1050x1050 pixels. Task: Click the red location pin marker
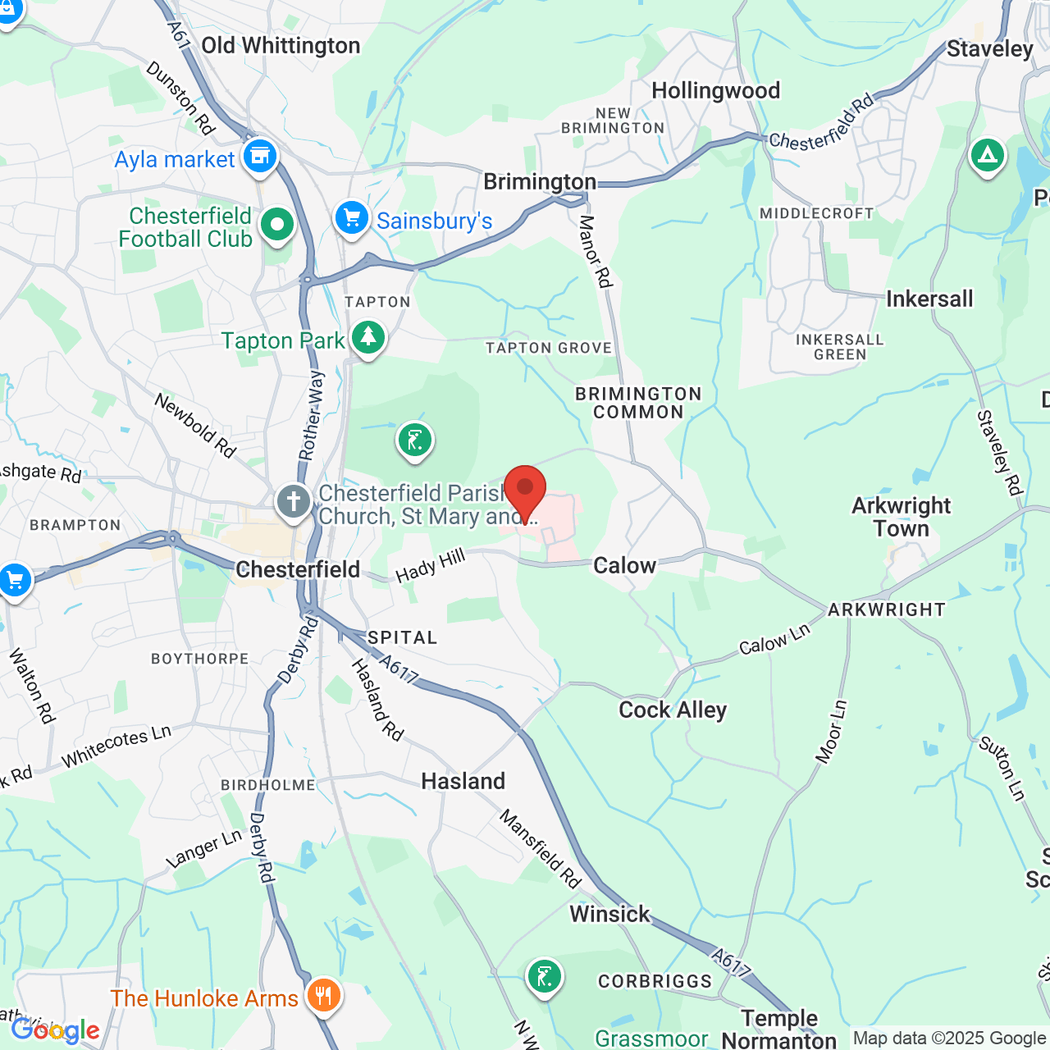[x=524, y=491]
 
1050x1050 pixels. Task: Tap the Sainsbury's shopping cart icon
[x=352, y=218]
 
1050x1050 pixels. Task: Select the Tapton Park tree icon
[x=368, y=337]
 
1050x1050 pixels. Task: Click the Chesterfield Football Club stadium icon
[x=277, y=224]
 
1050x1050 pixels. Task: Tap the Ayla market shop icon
[x=260, y=155]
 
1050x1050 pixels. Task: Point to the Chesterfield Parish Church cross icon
[x=293, y=501]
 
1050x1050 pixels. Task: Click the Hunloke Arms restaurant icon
[x=324, y=995]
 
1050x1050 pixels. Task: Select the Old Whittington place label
[x=281, y=46]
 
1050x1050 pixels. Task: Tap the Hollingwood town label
[x=715, y=90]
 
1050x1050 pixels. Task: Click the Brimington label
[x=540, y=181]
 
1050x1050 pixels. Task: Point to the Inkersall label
[x=929, y=299]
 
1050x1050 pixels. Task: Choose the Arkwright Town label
[x=901, y=517]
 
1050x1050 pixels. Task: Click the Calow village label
[x=624, y=565]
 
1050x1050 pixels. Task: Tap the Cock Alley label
[x=673, y=710]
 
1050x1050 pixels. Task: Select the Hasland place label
[x=463, y=781]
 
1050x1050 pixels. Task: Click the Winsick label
[x=609, y=914]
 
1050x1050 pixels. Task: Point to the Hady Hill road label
[x=431, y=566]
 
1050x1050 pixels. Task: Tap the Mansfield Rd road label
[x=541, y=849]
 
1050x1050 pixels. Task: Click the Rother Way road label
[x=311, y=415]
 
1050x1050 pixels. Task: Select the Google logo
[x=55, y=1030]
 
